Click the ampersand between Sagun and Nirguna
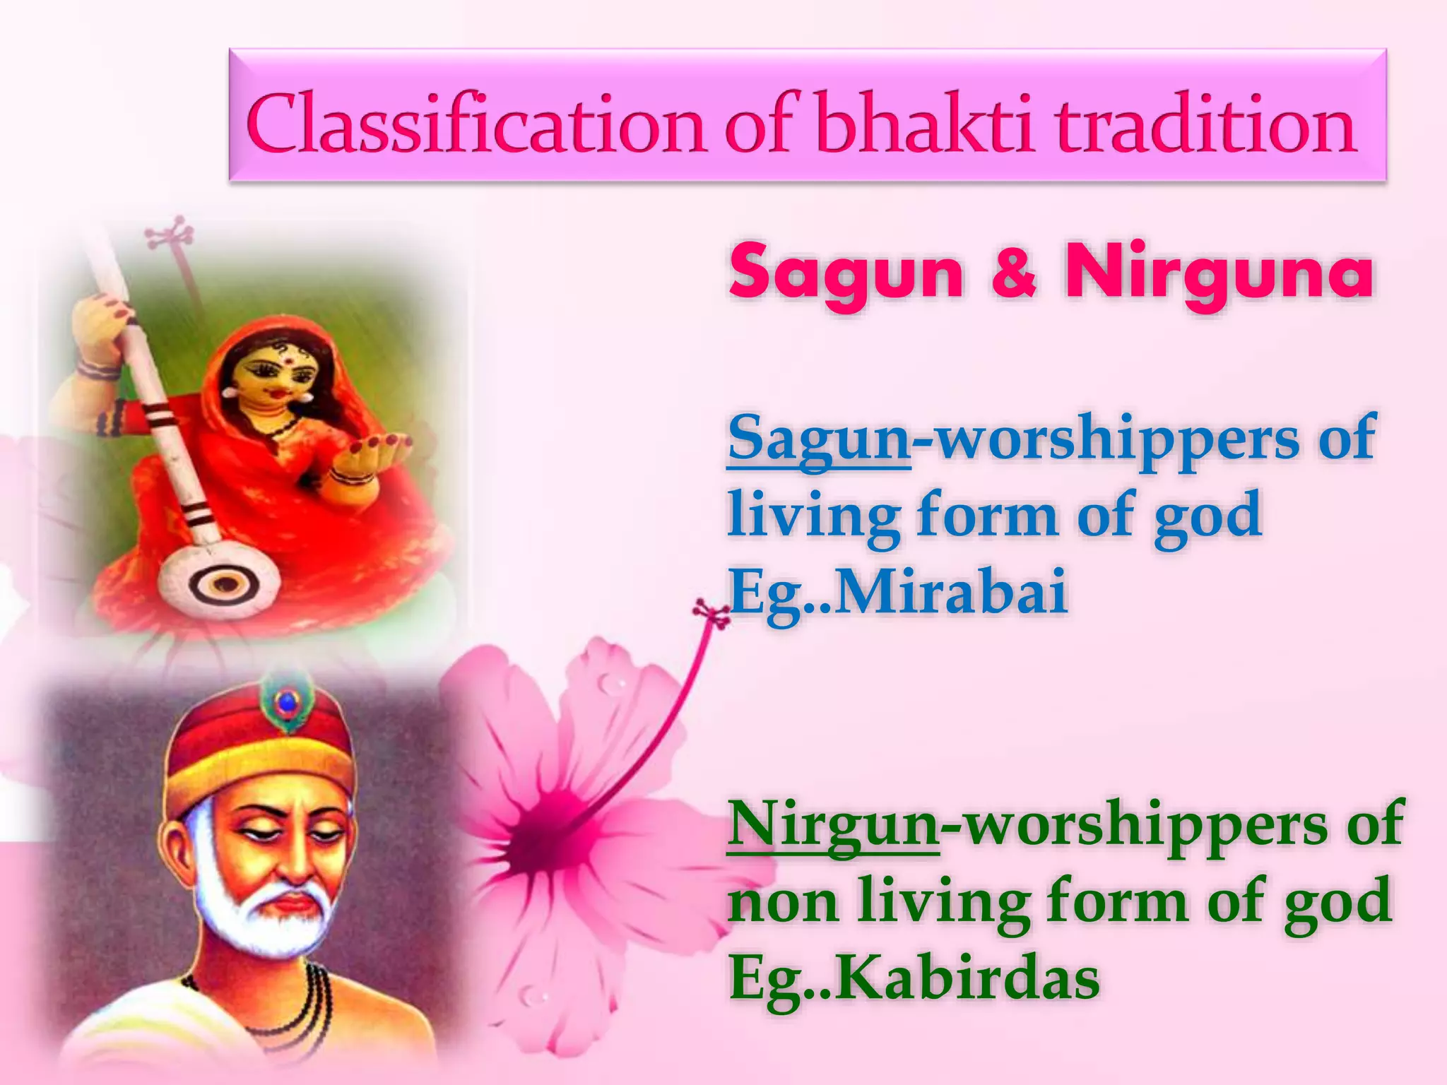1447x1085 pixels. click(x=1015, y=275)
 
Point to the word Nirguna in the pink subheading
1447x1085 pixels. click(x=1219, y=275)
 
